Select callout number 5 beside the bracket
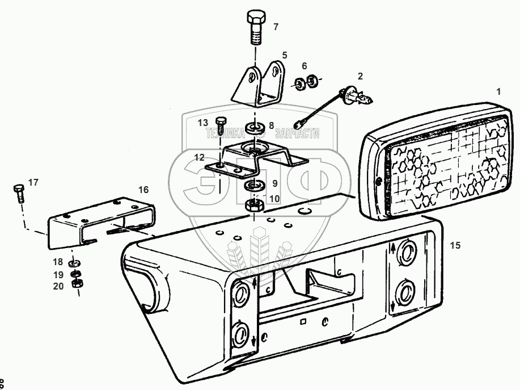pyautogui.click(x=285, y=56)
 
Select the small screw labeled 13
pyautogui.click(x=221, y=123)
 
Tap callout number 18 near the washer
pyautogui.click(x=58, y=262)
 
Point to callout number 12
pyautogui.click(x=198, y=157)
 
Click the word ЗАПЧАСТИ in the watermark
pyautogui.click(x=297, y=133)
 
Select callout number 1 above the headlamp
pyautogui.click(x=498, y=91)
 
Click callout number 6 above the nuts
pyautogui.click(x=304, y=66)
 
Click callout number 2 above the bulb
pyautogui.click(x=359, y=76)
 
